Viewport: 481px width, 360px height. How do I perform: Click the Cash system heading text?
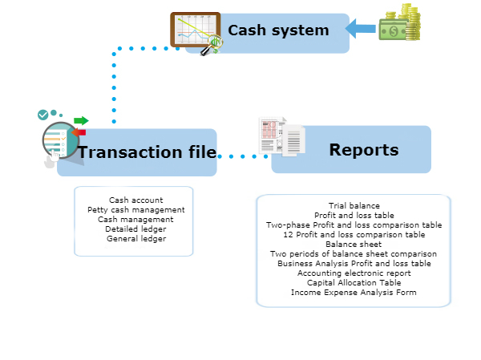pos(278,30)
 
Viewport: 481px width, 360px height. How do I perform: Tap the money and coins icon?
pos(402,23)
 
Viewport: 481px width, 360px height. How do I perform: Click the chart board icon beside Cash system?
pos(196,33)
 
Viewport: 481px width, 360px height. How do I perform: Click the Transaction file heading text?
pos(147,152)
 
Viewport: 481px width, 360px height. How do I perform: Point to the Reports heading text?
pos(363,150)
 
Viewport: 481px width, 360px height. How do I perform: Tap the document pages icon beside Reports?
pos(281,137)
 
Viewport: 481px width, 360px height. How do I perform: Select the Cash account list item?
pos(135,200)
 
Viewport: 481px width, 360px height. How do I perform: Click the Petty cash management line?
pos(135,209)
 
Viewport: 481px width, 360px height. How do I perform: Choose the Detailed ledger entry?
pos(135,229)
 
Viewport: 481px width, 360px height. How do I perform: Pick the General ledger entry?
pos(135,238)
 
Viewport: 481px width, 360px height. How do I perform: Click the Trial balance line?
pos(354,206)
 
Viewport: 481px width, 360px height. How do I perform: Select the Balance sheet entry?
pos(354,244)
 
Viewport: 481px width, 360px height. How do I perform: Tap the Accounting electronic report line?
pos(354,273)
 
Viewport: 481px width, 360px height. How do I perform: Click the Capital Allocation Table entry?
pos(354,282)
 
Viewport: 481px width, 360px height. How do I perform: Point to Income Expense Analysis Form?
pos(354,292)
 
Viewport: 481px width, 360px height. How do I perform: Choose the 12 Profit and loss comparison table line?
pos(354,234)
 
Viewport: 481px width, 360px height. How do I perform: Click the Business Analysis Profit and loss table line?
pos(354,263)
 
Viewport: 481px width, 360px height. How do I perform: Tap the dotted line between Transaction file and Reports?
pos(242,156)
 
